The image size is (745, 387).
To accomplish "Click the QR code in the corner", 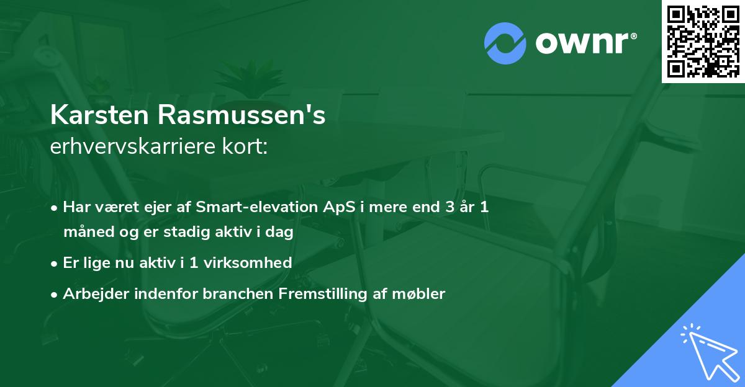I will pyautogui.click(x=703, y=41).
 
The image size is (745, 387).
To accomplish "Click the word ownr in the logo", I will pyautogui.click(x=585, y=42).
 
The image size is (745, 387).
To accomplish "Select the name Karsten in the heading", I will pyautogui.click(x=101, y=116).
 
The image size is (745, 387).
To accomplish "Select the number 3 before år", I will pyautogui.click(x=449, y=207).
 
